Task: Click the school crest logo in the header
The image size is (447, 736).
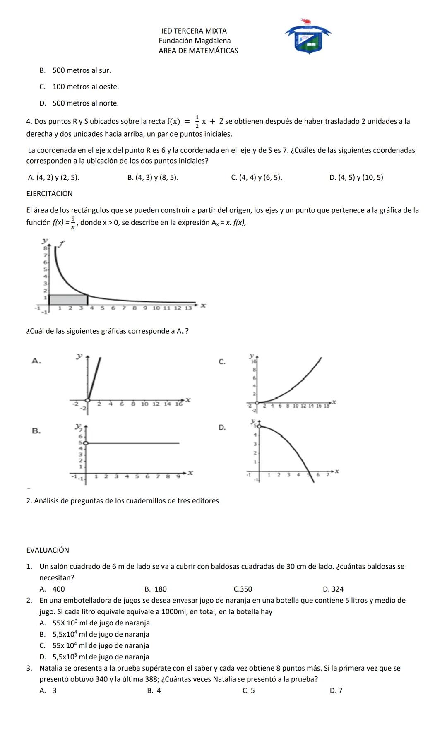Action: (x=308, y=36)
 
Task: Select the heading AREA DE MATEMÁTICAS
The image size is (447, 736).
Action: (x=198, y=51)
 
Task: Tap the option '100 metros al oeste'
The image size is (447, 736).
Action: (x=85, y=87)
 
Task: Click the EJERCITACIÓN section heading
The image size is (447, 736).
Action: (x=49, y=194)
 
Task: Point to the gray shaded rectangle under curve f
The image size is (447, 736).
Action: (x=68, y=300)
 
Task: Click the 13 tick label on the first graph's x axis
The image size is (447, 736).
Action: (x=188, y=308)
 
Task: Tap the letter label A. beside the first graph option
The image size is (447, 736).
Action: (x=36, y=361)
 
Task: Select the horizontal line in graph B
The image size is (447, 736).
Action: (x=132, y=443)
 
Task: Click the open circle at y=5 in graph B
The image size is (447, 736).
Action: (x=86, y=443)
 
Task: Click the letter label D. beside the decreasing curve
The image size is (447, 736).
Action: (x=222, y=428)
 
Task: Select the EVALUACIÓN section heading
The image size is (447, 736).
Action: (x=48, y=551)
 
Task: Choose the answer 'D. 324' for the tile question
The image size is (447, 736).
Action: (x=333, y=589)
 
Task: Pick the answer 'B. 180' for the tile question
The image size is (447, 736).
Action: (x=156, y=589)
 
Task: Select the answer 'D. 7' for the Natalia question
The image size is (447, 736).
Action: (x=336, y=690)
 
